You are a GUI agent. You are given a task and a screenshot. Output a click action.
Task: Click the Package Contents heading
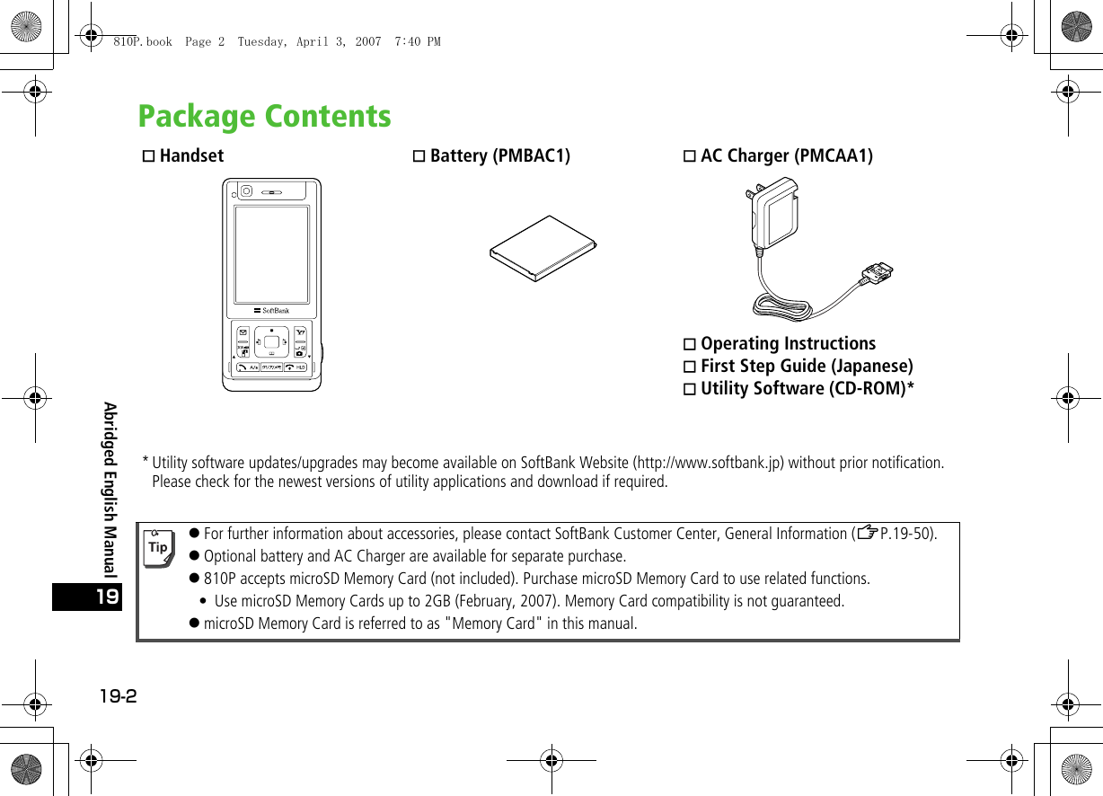(264, 117)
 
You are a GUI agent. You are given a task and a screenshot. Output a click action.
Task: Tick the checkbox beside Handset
(149, 156)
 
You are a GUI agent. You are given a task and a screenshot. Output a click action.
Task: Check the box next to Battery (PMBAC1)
(419, 156)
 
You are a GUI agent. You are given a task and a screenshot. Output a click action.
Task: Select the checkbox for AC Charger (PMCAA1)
(690, 156)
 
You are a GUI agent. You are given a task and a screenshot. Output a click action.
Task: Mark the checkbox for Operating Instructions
(690, 344)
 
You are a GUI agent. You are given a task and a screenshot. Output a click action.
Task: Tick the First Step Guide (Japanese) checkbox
(690, 367)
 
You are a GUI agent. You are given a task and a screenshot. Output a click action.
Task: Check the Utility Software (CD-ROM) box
(690, 389)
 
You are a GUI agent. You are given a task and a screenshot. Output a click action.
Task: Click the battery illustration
(543, 248)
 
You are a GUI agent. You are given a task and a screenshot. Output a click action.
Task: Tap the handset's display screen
(271, 254)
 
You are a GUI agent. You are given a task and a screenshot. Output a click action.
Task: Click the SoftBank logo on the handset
(271, 311)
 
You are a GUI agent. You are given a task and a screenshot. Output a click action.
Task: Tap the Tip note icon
(159, 547)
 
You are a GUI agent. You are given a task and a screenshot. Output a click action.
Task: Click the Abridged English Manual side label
(110, 490)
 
